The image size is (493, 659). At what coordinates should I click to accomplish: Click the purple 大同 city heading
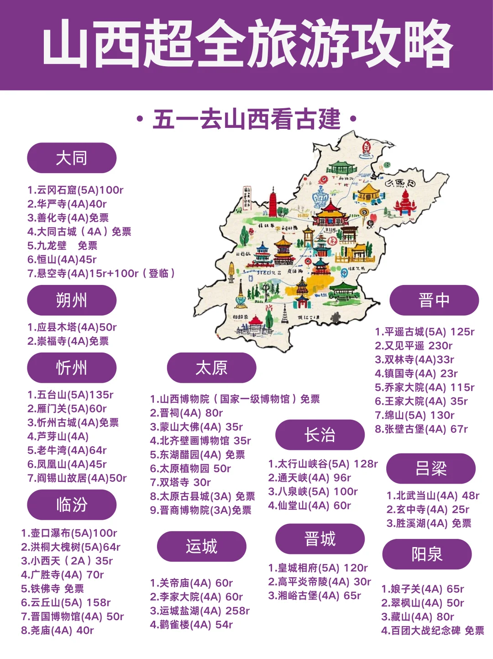click(x=72, y=158)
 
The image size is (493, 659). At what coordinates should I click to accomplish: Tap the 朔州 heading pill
click(x=72, y=300)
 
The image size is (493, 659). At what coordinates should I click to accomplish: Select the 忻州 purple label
click(x=72, y=368)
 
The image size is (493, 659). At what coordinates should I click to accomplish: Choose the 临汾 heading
click(x=72, y=505)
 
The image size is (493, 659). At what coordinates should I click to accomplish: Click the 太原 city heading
click(x=211, y=368)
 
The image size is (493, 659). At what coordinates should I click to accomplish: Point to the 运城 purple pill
click(x=201, y=546)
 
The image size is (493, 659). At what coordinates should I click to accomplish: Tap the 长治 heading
click(x=320, y=435)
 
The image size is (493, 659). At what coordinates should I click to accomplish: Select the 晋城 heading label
click(x=320, y=539)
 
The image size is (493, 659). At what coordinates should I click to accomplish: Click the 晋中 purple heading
click(x=434, y=300)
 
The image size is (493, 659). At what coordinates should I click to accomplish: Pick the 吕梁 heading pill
click(x=430, y=469)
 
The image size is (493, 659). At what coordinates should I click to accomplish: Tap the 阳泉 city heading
click(x=427, y=554)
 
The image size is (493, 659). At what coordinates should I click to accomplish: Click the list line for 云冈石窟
click(x=75, y=190)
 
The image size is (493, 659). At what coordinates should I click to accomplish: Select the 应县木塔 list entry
click(x=72, y=327)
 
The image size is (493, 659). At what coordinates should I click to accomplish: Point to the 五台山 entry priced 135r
click(x=70, y=395)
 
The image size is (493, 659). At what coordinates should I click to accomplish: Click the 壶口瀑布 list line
click(x=69, y=533)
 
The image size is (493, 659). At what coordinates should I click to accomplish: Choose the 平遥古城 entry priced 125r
click(x=425, y=332)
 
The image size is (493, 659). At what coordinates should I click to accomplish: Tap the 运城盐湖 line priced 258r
click(x=200, y=611)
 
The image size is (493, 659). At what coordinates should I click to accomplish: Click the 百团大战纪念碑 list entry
click(x=433, y=631)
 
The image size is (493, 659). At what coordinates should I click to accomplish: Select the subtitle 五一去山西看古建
click(x=246, y=120)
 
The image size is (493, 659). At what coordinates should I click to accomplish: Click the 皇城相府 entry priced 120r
click(x=318, y=568)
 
